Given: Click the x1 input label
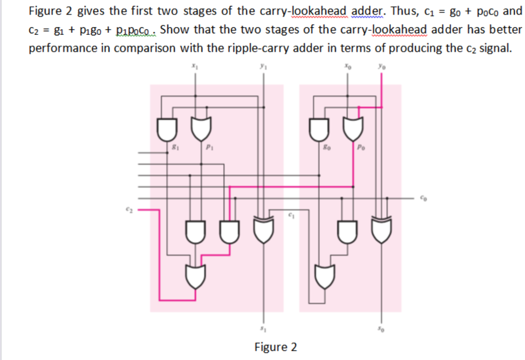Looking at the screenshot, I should pyautogui.click(x=194, y=67).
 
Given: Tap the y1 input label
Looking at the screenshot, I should pyautogui.click(x=264, y=67).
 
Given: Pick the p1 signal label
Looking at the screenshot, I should pyautogui.click(x=209, y=148).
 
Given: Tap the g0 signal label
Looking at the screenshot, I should pyautogui.click(x=325, y=148).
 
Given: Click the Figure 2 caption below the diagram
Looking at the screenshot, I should pyautogui.click(x=275, y=347).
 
